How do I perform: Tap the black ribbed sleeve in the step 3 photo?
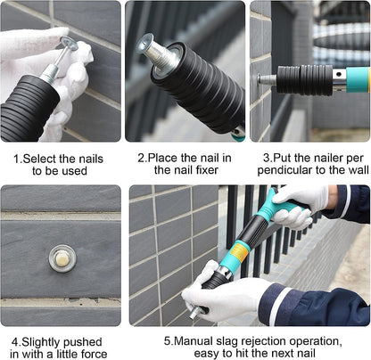point(303,78)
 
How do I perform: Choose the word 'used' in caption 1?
point(80,171)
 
